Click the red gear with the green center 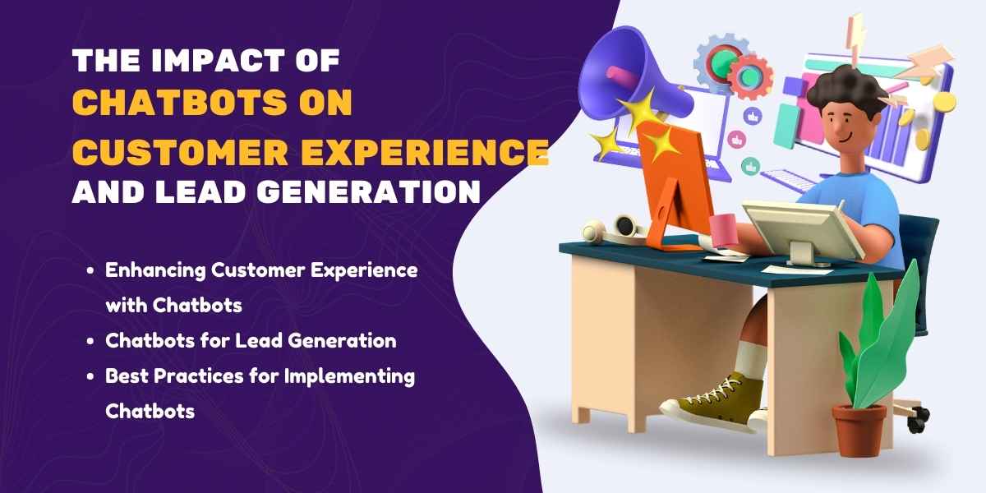click(749, 75)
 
